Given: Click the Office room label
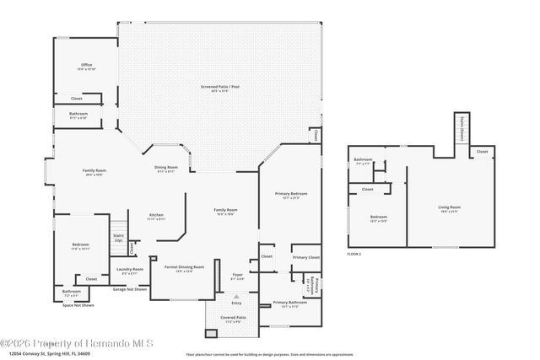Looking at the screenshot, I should tap(86, 65).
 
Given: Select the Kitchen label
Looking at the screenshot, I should tap(156, 215).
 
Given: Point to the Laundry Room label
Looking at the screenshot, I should tap(132, 269).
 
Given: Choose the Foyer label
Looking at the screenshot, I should tap(238, 274).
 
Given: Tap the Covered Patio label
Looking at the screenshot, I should tap(233, 318).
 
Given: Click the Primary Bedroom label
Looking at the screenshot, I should tap(291, 194).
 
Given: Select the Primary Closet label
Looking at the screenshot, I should tap(305, 256).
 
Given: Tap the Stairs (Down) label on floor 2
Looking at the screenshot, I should tap(462, 132).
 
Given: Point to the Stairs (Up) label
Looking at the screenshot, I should tap(118, 238).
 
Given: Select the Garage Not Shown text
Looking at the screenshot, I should tap(130, 288).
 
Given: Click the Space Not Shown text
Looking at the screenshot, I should tap(78, 304).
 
